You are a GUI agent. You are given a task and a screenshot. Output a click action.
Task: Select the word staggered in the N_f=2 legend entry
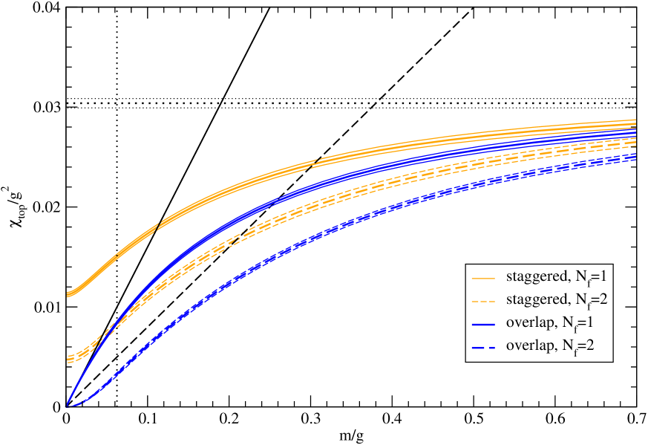coord(534,300)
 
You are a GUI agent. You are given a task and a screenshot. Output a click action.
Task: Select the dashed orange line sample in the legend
coord(483,301)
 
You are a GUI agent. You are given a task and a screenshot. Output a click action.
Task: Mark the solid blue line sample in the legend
coord(483,324)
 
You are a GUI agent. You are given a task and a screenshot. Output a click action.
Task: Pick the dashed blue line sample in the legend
coord(483,346)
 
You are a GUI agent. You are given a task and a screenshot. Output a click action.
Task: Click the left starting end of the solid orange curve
coord(68,294)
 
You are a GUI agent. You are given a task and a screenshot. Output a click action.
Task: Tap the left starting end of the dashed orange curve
coord(68,360)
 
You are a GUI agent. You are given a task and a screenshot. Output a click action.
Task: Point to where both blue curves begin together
coord(68,405)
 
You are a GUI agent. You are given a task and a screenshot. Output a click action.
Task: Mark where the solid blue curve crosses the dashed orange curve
coord(106,331)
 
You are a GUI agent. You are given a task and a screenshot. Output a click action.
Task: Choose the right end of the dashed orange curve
coord(636,142)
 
